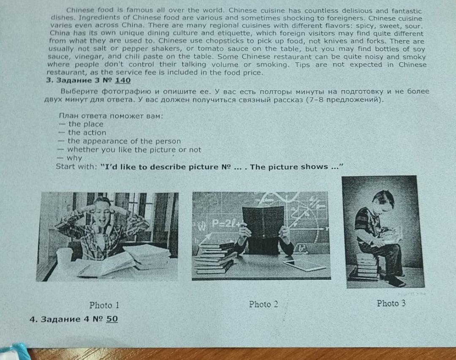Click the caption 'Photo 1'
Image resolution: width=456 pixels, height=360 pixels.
(104, 305)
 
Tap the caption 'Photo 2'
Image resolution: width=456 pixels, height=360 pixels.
(263, 304)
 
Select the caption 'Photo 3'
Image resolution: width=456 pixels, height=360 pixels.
(391, 303)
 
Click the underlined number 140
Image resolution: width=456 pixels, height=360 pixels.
(123, 81)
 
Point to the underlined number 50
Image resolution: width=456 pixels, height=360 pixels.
(112, 319)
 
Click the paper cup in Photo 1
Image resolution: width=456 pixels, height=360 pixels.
(64, 259)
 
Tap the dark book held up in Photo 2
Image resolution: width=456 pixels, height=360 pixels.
(263, 223)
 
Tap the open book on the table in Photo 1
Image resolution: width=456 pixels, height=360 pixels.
(109, 264)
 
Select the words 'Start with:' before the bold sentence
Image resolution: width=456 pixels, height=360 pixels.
(76, 166)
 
